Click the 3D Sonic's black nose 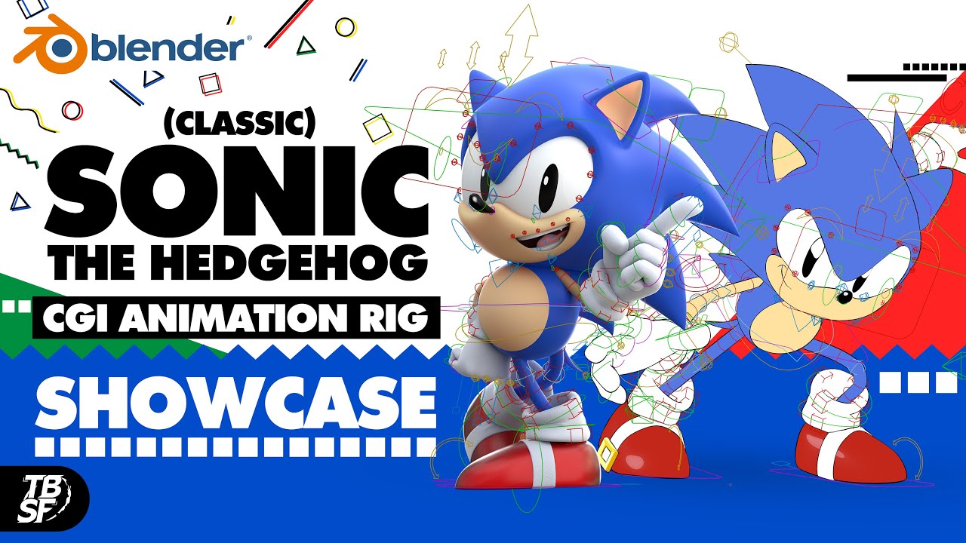point(477,202)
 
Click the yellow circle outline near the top point(345,28)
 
